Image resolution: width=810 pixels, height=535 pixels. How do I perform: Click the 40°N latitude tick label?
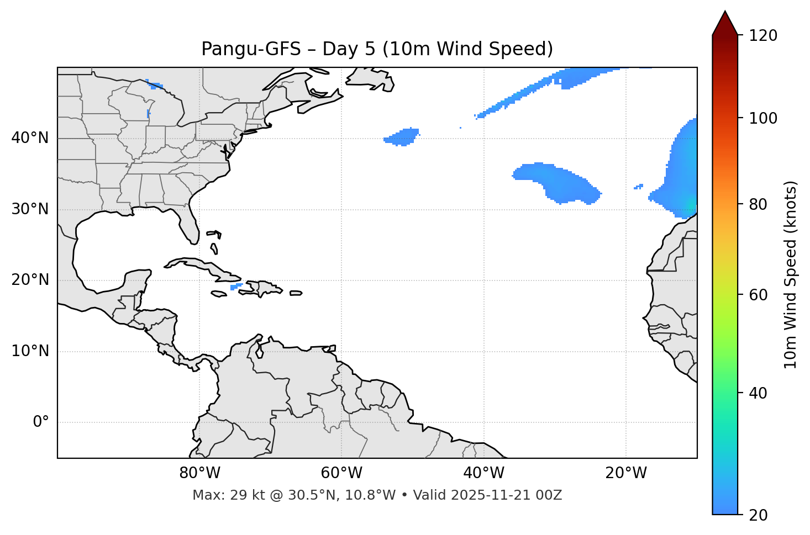30,138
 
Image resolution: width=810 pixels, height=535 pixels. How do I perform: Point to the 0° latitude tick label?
41,422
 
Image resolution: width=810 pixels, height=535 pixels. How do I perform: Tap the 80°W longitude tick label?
199,473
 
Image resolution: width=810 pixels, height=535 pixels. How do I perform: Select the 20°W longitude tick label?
626,473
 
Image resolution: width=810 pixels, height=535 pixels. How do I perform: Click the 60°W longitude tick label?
341,473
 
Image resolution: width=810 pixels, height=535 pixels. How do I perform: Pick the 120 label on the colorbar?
763,36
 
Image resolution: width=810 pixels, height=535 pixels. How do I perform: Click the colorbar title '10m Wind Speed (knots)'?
791,274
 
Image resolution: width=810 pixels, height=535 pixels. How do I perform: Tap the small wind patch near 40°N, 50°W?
403,136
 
